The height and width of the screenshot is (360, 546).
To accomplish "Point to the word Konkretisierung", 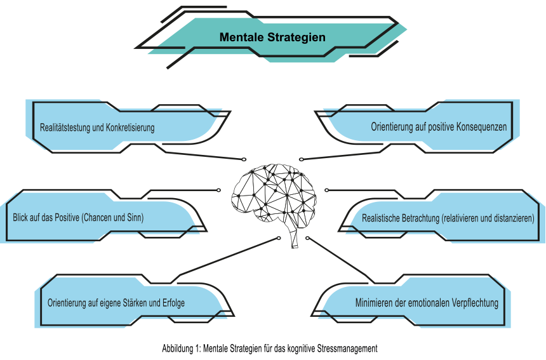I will click(x=130, y=128).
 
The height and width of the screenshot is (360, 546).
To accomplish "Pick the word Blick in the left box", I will click(x=21, y=217).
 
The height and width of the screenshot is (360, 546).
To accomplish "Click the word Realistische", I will click(x=380, y=218).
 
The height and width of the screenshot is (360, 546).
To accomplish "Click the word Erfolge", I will click(x=173, y=303).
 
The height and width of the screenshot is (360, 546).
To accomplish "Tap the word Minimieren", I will click(x=374, y=303).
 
